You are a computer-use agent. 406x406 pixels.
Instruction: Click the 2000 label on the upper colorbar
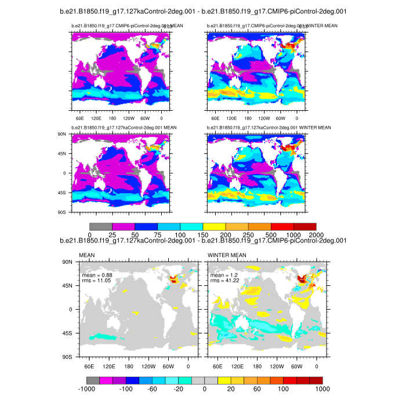tap(316, 234)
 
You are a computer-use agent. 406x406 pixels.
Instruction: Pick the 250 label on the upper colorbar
tap(248, 234)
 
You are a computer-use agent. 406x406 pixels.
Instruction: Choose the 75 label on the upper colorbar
tap(157, 234)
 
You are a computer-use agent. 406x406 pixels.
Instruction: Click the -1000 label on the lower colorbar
tap(89, 389)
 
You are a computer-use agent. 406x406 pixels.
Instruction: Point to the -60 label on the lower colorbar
tap(153, 389)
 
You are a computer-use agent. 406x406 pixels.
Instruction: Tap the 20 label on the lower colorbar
tap(231, 389)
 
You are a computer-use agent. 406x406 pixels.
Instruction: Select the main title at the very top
tap(203, 11)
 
